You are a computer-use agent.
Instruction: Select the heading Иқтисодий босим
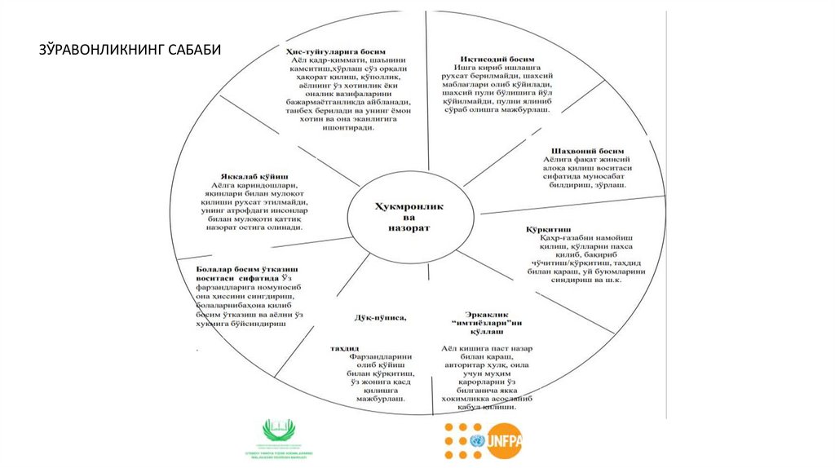point(497,60)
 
